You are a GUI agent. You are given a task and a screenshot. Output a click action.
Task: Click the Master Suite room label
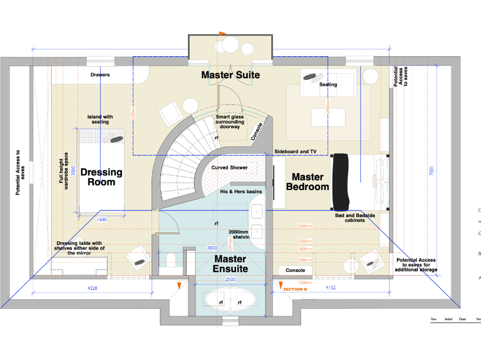(230, 75)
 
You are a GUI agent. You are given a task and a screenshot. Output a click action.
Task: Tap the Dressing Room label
(101, 177)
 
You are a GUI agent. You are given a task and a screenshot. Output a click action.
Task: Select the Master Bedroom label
(308, 182)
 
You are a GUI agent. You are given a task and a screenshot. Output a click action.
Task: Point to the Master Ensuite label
(230, 263)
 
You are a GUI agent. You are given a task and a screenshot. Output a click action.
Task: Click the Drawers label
(100, 75)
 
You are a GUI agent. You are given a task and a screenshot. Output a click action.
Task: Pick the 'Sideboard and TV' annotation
(296, 152)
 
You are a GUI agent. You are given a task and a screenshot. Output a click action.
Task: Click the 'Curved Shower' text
(229, 167)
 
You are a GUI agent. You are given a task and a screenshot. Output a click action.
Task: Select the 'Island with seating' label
(100, 119)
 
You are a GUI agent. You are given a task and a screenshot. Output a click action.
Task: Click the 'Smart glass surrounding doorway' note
(233, 121)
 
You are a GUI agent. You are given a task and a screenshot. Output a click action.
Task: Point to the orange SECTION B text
(295, 289)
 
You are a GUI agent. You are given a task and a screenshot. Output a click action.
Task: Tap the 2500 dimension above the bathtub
(230, 279)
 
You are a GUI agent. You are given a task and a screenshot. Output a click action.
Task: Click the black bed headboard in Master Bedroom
(340, 182)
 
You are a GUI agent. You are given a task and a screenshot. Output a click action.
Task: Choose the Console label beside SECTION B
(295, 271)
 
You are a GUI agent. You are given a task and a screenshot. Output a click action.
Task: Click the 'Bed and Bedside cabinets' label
(355, 217)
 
